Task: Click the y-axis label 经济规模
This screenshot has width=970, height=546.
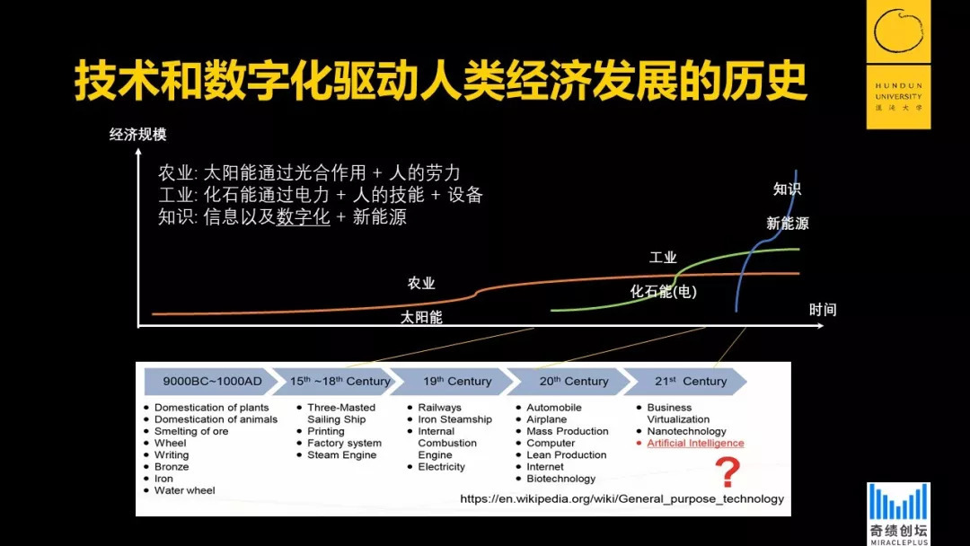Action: click(x=137, y=135)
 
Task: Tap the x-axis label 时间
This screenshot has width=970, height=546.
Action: click(x=822, y=310)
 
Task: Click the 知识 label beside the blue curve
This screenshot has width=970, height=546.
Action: click(x=787, y=189)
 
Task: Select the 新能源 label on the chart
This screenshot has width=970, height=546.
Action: click(x=787, y=224)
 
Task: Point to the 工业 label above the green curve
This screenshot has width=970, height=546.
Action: click(x=663, y=258)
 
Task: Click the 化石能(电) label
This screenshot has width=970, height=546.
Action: click(x=663, y=291)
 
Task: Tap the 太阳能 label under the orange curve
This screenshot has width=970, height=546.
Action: click(x=421, y=317)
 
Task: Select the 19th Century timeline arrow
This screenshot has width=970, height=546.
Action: click(x=456, y=381)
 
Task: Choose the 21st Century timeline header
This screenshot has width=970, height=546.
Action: click(x=690, y=381)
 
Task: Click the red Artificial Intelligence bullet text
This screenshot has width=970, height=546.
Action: click(x=695, y=443)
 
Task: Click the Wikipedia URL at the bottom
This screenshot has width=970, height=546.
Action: click(x=622, y=498)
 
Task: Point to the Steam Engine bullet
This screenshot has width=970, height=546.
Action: click(x=341, y=455)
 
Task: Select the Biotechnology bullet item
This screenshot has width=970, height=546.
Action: click(x=560, y=479)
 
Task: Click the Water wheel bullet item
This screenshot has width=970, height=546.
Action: click(x=184, y=490)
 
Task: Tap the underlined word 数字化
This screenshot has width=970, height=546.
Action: click(x=303, y=216)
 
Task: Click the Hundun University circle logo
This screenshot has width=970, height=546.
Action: click(x=898, y=32)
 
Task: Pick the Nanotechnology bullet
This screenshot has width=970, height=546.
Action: click(x=686, y=431)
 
